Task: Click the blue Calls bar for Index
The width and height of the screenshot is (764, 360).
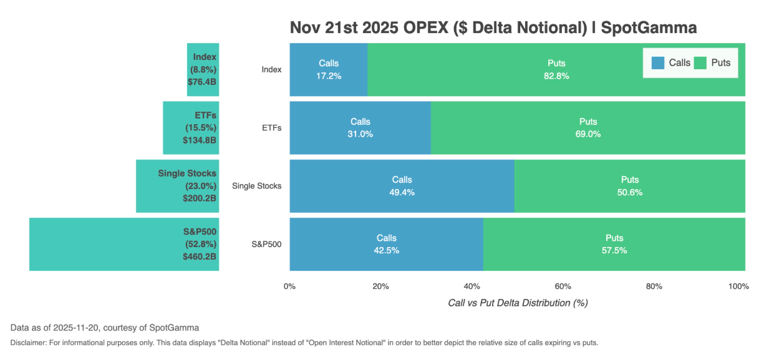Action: coord(329,69)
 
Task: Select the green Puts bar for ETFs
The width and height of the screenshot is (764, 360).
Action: coord(588,127)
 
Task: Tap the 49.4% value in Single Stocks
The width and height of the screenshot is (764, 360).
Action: coord(402,192)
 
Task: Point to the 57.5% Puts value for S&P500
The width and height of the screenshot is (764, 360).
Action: coord(614,250)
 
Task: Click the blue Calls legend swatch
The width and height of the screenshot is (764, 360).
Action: coord(658,62)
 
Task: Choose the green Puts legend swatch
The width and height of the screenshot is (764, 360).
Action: coord(700,62)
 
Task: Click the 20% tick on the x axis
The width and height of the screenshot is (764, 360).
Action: coord(380,286)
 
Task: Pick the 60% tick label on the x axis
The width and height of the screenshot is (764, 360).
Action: coord(563,286)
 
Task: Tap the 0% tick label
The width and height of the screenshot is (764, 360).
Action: coord(289,286)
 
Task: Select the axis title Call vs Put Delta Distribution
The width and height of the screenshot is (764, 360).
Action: coord(518,303)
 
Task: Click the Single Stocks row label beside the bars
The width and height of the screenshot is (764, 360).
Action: coord(256,186)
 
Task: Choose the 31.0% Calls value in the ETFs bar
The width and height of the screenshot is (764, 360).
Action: coord(360,134)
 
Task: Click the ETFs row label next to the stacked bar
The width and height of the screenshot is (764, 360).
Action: coord(271,128)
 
